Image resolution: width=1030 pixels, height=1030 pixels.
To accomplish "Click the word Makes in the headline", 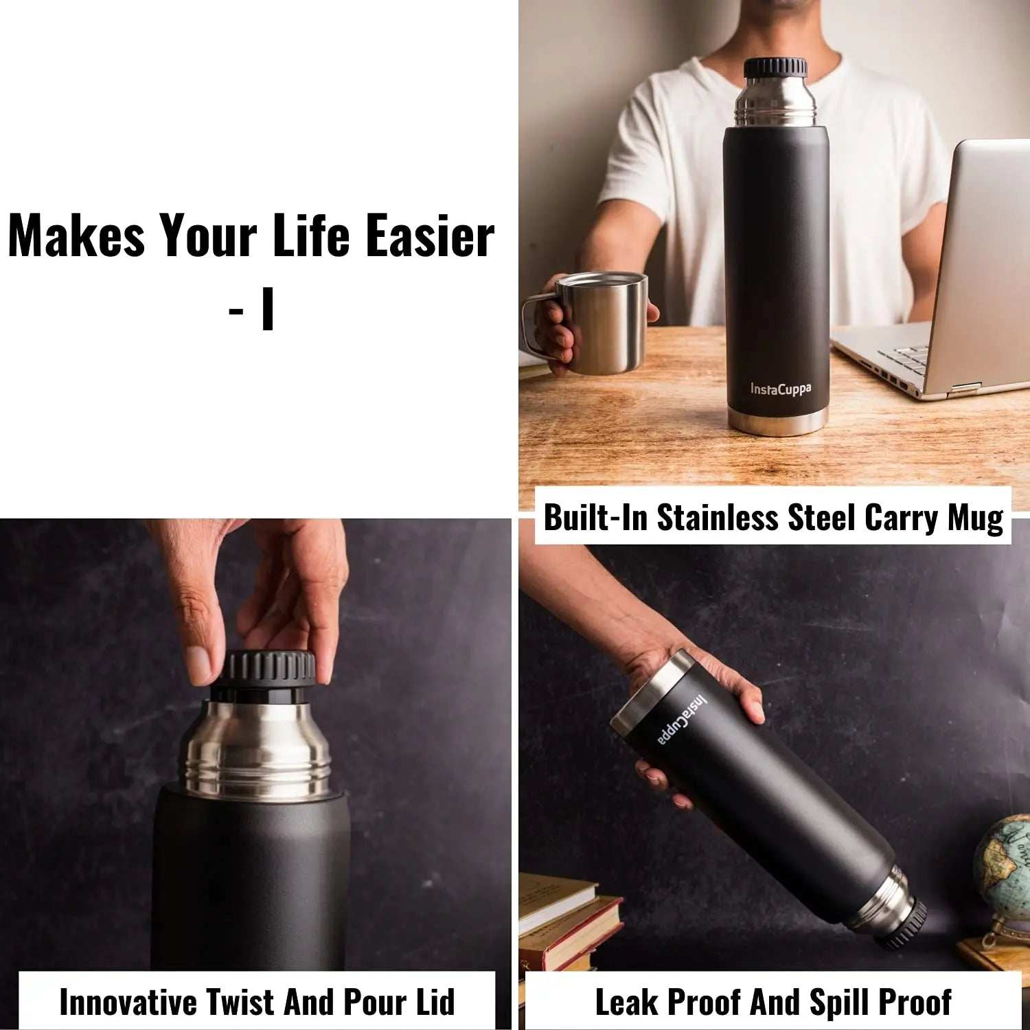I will pyautogui.click(x=76, y=236).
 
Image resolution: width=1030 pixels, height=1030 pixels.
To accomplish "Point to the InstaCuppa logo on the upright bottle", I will pyautogui.click(x=780, y=389).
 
